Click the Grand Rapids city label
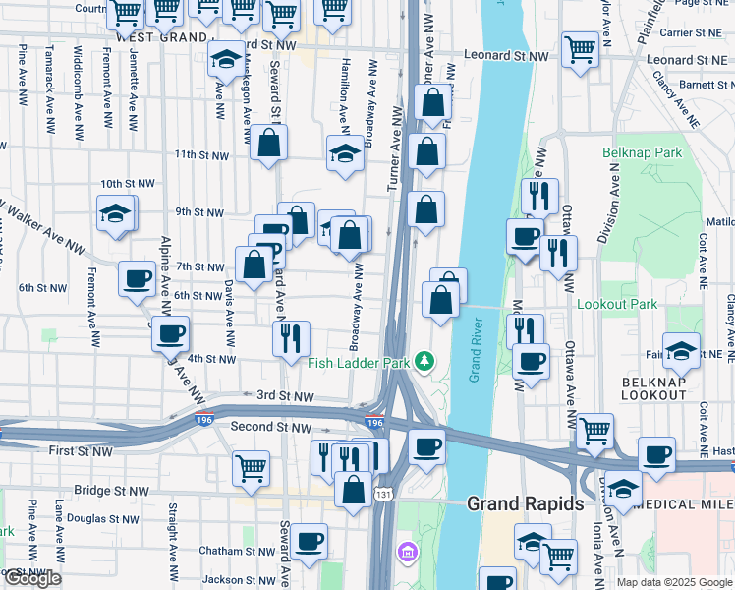pos(524,503)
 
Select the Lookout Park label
pos(616,305)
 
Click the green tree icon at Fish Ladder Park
pos(424,362)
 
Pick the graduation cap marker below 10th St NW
pos(115,213)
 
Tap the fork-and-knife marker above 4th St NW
pos(291,338)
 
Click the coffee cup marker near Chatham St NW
pos(309,540)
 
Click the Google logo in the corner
pos(32,579)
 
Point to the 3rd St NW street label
pos(285,397)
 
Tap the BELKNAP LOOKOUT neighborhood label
pos(653,387)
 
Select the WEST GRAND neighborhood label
pos(162,36)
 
